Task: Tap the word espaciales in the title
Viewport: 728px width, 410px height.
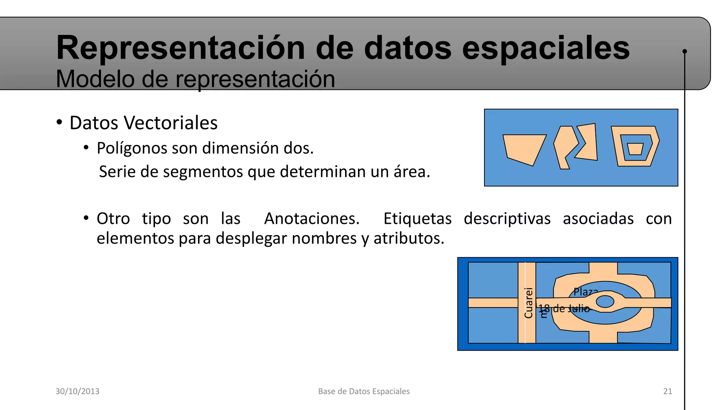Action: pyautogui.click(x=546, y=48)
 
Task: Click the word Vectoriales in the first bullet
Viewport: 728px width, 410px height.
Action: pyautogui.click(x=171, y=123)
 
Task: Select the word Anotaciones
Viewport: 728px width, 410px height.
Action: pyautogui.click(x=312, y=219)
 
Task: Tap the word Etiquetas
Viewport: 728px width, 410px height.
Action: pyautogui.click(x=417, y=219)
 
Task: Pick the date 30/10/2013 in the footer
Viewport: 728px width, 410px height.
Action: pyautogui.click(x=77, y=391)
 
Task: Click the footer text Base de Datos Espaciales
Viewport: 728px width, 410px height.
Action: pyautogui.click(x=364, y=391)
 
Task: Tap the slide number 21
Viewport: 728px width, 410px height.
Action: pyautogui.click(x=668, y=391)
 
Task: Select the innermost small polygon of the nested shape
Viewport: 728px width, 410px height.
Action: pyautogui.click(x=635, y=149)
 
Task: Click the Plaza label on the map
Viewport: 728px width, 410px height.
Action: pyautogui.click(x=585, y=292)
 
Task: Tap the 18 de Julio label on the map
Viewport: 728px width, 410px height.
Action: pyautogui.click(x=564, y=309)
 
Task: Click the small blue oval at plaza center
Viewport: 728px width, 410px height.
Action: pyautogui.click(x=605, y=301)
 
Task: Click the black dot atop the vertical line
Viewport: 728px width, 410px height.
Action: pyautogui.click(x=685, y=51)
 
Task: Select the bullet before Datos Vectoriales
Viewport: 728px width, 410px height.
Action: pyautogui.click(x=59, y=123)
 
